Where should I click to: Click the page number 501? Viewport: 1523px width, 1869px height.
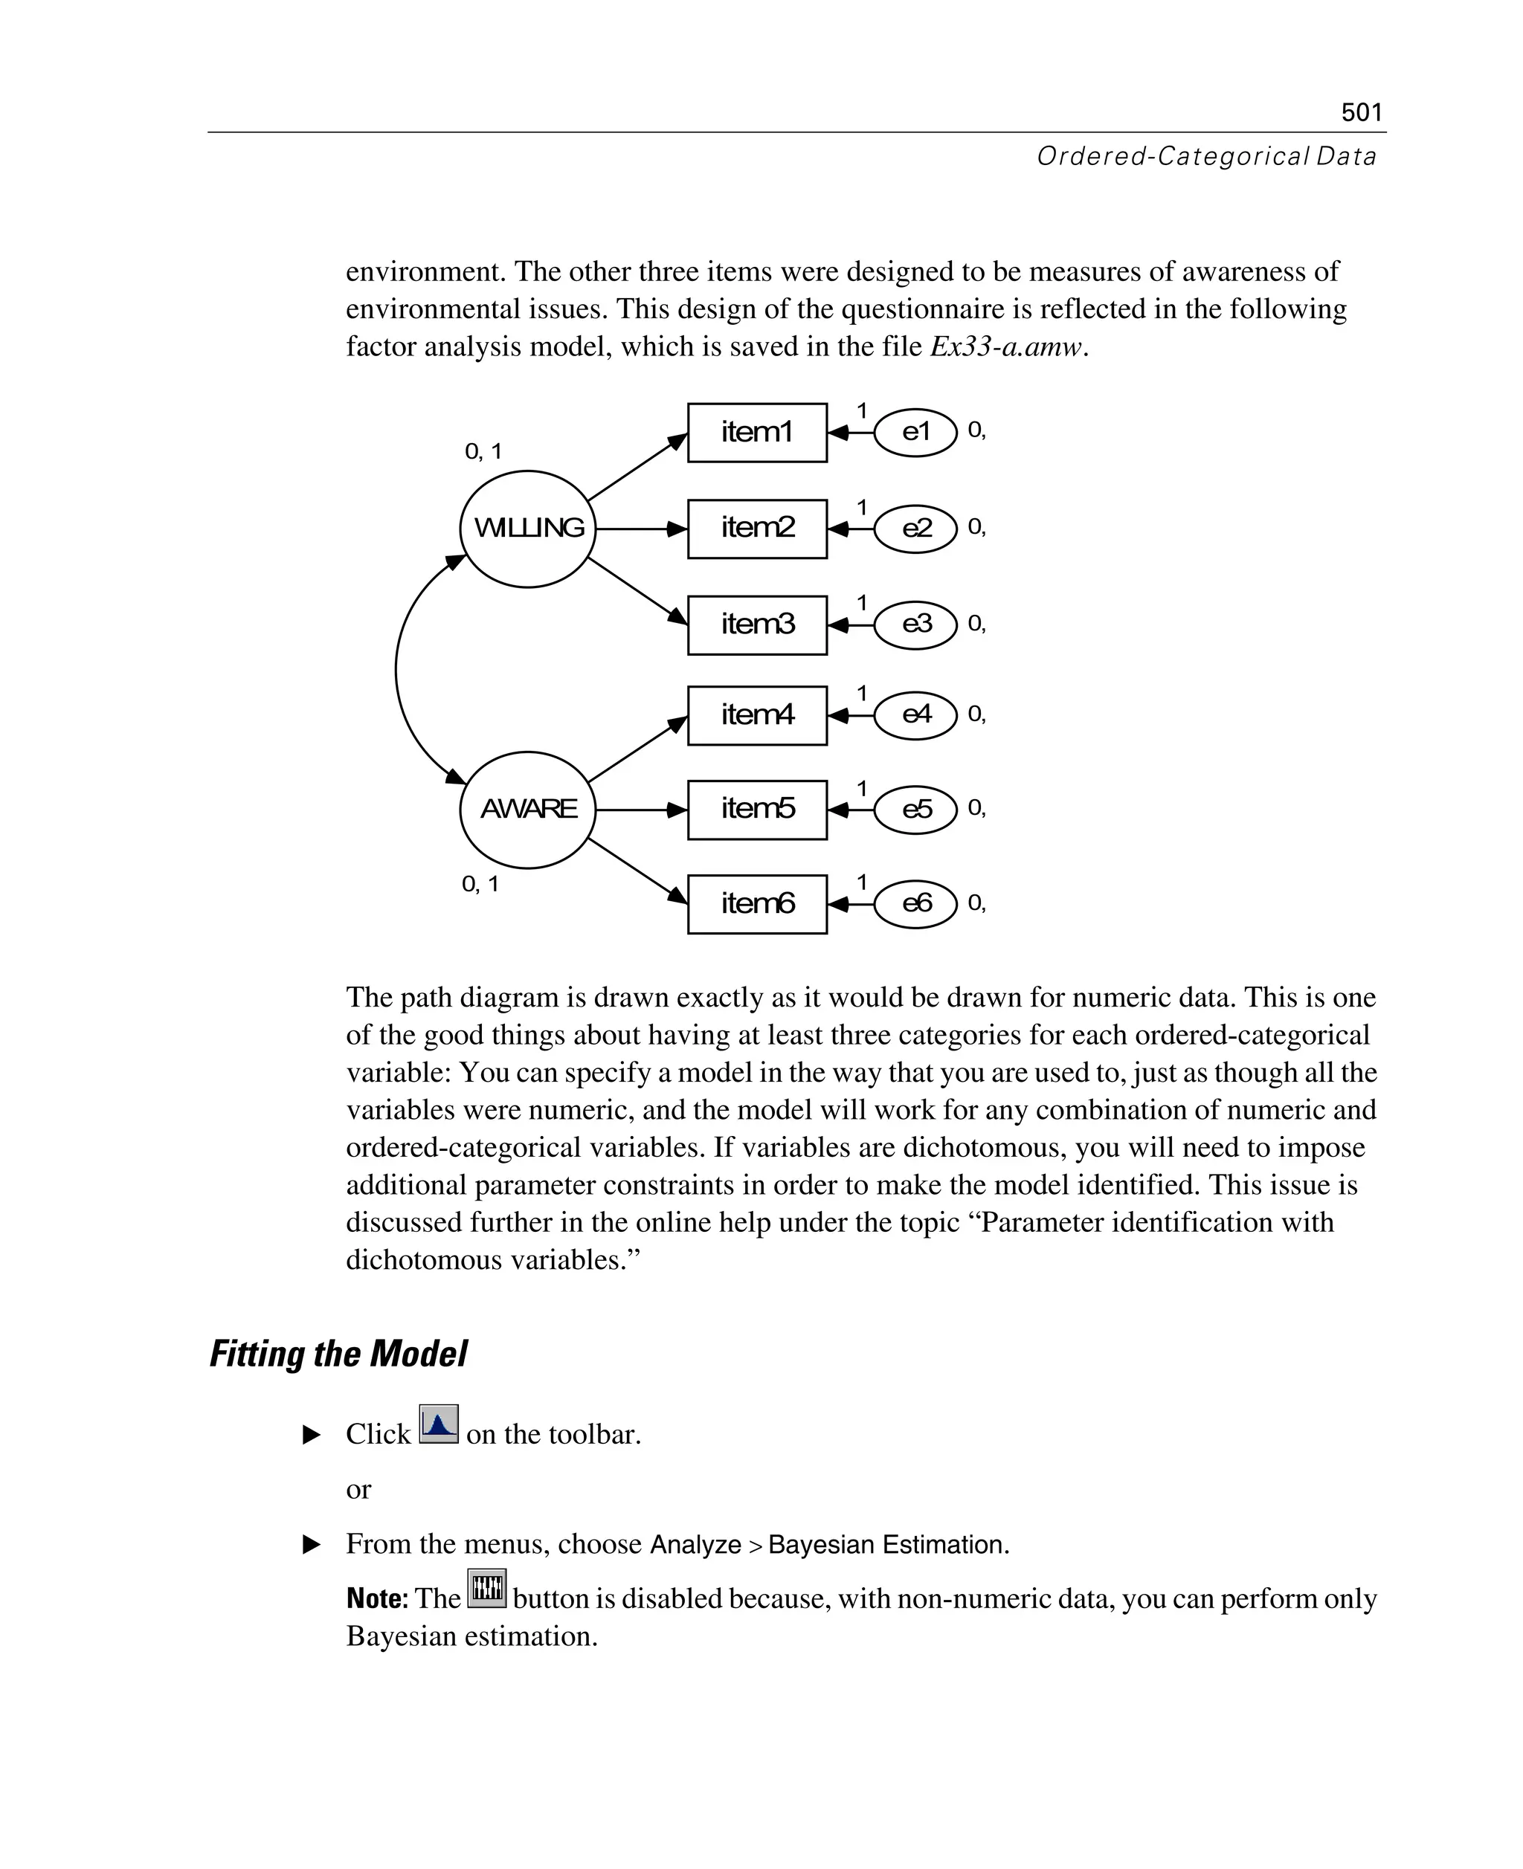(1361, 112)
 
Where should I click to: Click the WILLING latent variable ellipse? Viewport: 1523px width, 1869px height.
(528, 528)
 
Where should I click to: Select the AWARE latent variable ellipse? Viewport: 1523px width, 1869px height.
(528, 809)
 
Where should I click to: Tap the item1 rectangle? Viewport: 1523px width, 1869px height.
(756, 433)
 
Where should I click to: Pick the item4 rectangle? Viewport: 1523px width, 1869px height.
(756, 714)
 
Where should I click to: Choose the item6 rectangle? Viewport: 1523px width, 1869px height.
(756, 903)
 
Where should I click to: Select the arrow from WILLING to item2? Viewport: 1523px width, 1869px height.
(640, 529)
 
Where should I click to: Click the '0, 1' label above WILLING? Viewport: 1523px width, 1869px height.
(483, 452)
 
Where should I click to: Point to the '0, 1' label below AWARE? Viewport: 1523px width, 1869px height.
(480, 884)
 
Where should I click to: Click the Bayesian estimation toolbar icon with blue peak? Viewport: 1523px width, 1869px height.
(438, 1424)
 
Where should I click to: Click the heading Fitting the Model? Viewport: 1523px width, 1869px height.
(338, 1353)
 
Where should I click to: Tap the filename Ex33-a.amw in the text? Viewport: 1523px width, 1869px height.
(1007, 347)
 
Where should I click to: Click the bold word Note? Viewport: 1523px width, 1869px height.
(377, 1599)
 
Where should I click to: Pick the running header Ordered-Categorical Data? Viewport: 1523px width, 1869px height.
(1205, 156)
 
